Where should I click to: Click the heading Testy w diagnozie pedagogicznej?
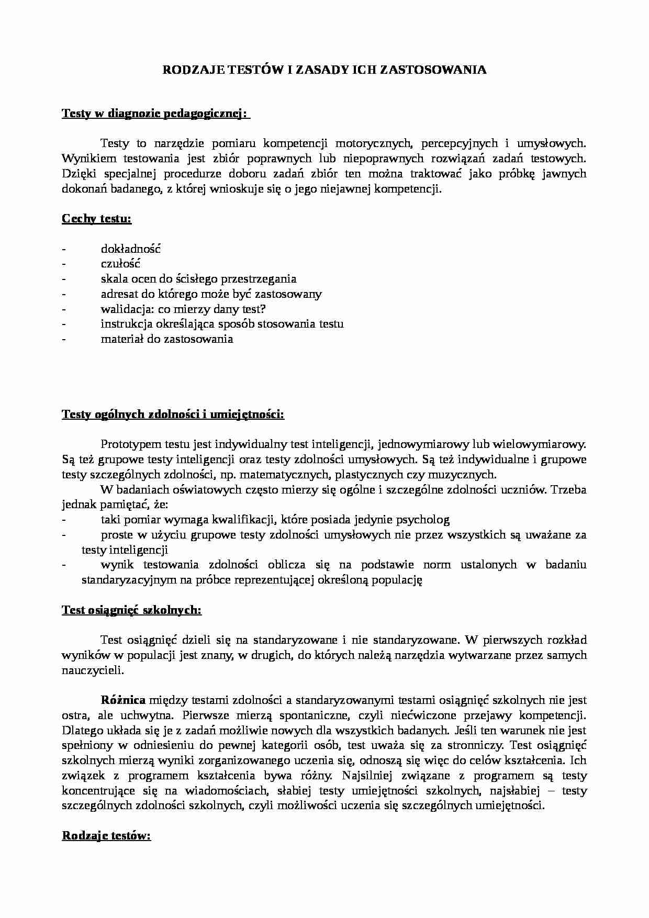155,114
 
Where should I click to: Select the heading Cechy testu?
96,218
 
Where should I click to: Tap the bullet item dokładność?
130,249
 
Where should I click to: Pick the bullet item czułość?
120,264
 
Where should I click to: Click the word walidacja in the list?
123,309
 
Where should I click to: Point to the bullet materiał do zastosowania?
166,339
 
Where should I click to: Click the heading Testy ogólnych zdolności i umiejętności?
173,415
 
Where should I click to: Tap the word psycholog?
424,520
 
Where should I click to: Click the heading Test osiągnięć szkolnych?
131,610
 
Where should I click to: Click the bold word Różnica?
124,700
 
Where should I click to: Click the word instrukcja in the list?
126,323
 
